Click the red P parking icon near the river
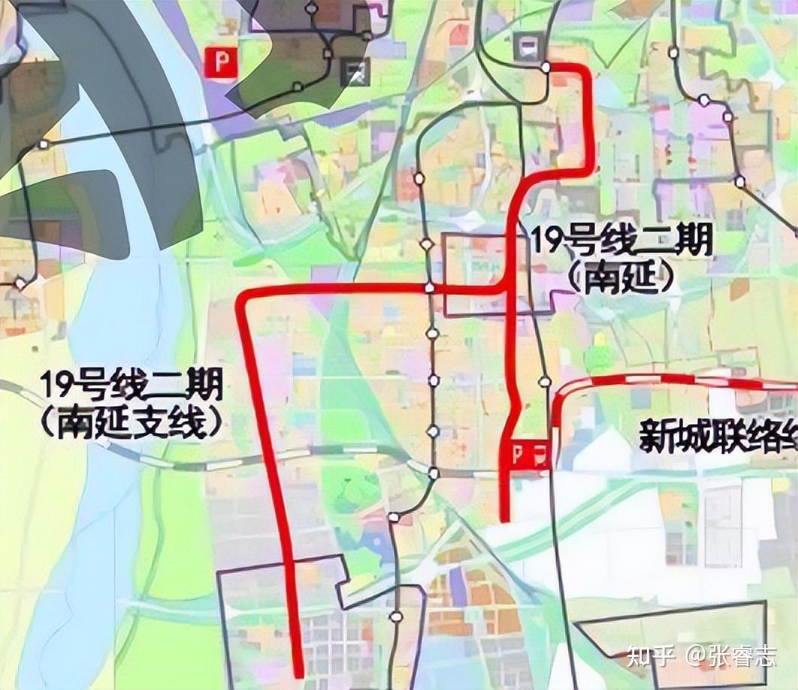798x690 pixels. pos(222,62)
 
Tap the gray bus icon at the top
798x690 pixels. pos(527,47)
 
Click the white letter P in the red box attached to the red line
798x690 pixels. pos(518,453)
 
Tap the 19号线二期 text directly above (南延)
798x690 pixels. pos(621,241)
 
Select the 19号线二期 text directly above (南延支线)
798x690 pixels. pos(131,386)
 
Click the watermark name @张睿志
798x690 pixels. pos(730,656)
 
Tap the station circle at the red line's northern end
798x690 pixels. pos(546,67)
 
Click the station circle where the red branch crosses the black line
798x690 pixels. pos(429,287)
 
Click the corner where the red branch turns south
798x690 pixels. pos(243,298)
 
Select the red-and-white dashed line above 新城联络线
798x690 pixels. pos(676,379)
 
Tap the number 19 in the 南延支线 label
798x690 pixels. pos(55,386)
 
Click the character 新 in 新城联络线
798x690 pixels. pos(654,435)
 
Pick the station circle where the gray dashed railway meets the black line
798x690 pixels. pos(434,473)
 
